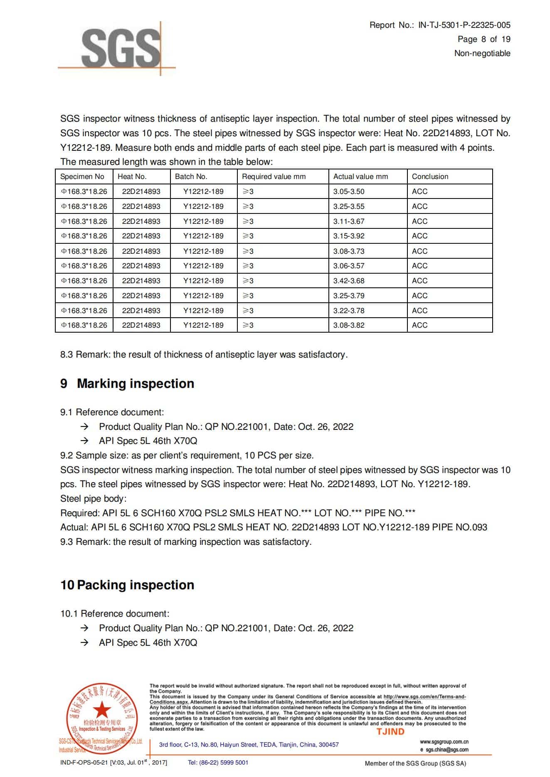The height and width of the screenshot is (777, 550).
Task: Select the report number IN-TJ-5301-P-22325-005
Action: click(464, 25)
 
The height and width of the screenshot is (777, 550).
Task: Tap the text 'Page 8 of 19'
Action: click(484, 39)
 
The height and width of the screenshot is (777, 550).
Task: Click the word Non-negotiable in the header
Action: click(482, 53)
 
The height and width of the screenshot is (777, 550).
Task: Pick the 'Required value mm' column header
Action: click(274, 176)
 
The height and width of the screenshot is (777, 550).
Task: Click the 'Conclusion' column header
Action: click(430, 176)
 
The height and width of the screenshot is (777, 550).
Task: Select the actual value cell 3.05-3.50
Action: click(348, 191)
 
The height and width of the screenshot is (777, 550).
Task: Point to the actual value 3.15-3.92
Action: click(348, 236)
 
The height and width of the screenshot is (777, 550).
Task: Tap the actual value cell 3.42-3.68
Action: click(348, 281)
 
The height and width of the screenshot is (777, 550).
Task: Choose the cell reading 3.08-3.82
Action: click(348, 325)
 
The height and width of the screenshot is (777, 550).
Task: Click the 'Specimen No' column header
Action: click(82, 176)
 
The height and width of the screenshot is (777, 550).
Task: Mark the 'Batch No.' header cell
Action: click(191, 176)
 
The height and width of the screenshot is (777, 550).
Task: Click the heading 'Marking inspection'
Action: click(136, 383)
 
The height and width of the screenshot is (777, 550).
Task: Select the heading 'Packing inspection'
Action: click(136, 585)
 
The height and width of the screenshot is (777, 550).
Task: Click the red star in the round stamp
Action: click(101, 711)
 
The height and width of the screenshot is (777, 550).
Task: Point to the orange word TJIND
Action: click(390, 732)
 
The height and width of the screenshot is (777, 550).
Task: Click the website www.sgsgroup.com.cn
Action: click(444, 742)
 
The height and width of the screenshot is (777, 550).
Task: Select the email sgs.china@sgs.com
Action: click(447, 750)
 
